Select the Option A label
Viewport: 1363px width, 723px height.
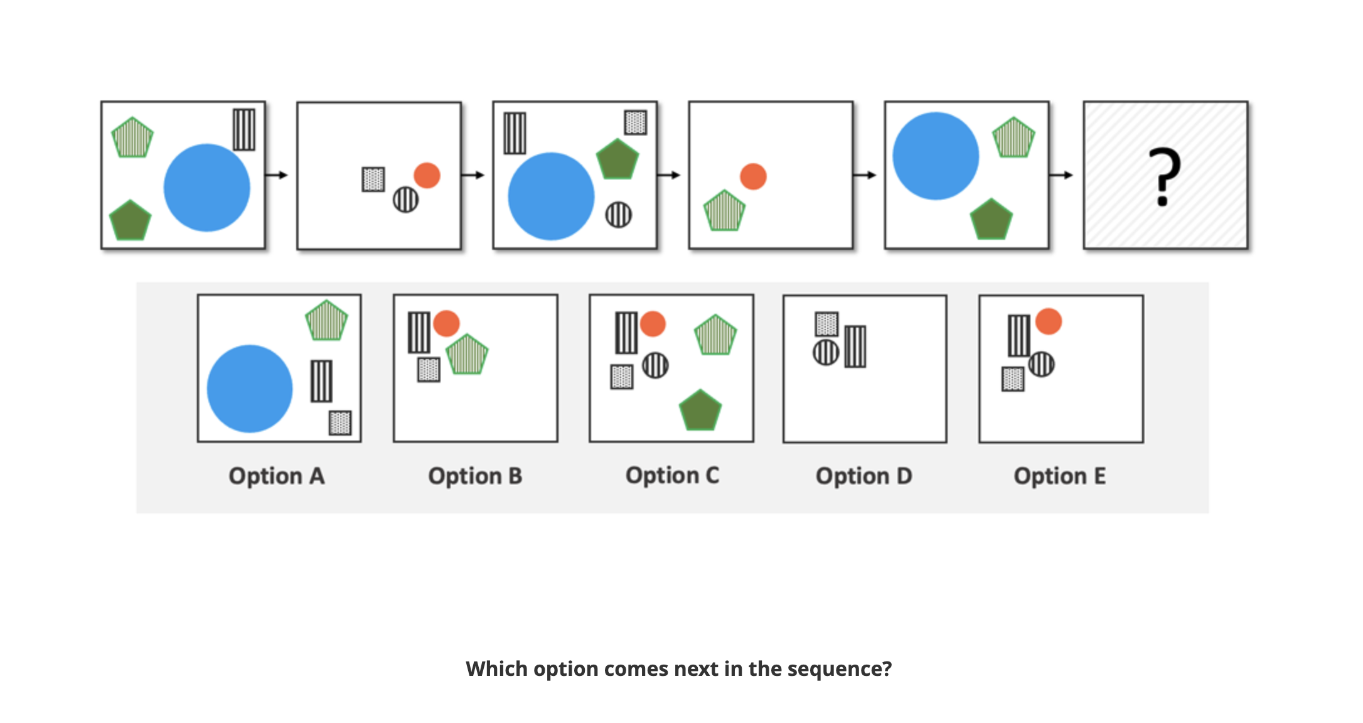[x=276, y=476]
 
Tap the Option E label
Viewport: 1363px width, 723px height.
[x=1059, y=476]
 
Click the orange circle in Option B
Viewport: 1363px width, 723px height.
[x=446, y=323]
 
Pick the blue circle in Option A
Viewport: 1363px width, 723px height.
[x=250, y=388]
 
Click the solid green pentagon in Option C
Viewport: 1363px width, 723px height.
[x=700, y=411]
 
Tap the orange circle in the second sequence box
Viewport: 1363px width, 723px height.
[x=427, y=176]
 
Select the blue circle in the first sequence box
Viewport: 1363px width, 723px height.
[x=206, y=188]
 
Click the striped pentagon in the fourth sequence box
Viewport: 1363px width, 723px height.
[x=724, y=212]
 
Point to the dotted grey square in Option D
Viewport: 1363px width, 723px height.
[x=826, y=324]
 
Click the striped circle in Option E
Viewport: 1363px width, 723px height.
[x=1041, y=364]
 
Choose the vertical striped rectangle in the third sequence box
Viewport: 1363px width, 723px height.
[x=515, y=133]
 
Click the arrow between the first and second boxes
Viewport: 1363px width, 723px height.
[x=276, y=175]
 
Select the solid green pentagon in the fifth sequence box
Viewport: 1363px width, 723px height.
[x=991, y=220]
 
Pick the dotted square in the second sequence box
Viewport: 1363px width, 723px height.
[x=373, y=179]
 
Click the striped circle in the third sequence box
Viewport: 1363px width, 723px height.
[x=618, y=215]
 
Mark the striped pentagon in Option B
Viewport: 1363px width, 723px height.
[x=467, y=355]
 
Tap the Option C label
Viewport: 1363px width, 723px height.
[x=672, y=476]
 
